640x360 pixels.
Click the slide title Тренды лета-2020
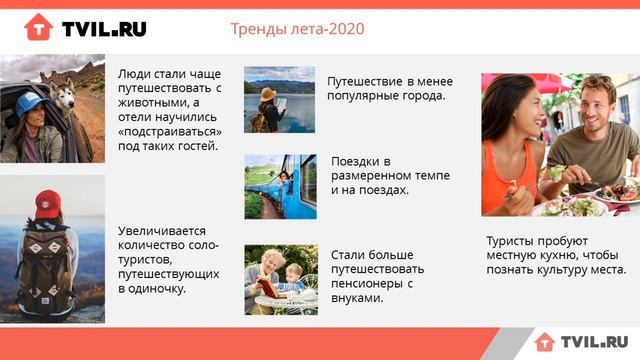tap(297, 29)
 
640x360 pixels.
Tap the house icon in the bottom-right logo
tap(544, 342)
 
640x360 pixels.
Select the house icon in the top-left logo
tap(38, 27)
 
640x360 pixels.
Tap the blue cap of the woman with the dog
tap(30, 103)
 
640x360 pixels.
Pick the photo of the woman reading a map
tap(279, 100)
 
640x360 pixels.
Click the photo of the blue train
tap(279, 186)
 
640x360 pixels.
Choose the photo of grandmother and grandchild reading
tap(279, 279)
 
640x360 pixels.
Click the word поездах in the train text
tap(382, 189)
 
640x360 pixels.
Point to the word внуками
tap(357, 297)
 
